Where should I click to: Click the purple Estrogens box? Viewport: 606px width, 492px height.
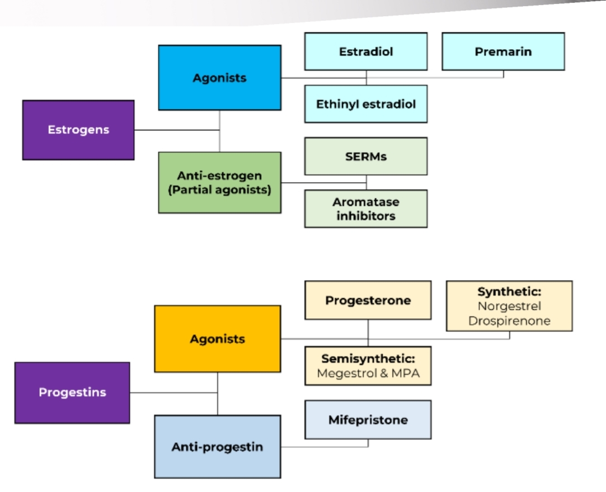tap(78, 130)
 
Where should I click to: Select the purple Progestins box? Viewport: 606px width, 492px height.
tap(72, 392)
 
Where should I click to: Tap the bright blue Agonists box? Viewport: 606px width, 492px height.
tap(219, 78)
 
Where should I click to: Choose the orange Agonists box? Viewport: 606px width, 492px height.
tap(218, 339)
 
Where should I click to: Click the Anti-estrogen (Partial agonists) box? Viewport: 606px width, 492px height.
tap(219, 182)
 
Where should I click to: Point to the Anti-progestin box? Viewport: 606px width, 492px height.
tap(218, 447)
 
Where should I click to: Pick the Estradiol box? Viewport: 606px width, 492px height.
tap(366, 51)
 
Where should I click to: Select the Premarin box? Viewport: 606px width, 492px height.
tap(503, 51)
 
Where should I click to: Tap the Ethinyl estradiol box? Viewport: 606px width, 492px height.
tap(366, 104)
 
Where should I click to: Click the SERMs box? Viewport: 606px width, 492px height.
tap(366, 157)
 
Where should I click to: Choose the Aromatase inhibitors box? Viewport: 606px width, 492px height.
tap(366, 209)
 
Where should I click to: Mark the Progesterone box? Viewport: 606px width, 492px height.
tap(368, 300)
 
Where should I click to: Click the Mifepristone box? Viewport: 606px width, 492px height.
tap(368, 420)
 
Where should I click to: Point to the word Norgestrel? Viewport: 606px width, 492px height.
tap(509, 306)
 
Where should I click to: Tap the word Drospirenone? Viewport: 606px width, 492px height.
tap(509, 321)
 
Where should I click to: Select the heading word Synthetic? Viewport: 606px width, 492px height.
tap(509, 292)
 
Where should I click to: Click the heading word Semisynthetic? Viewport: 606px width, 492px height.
tap(368, 359)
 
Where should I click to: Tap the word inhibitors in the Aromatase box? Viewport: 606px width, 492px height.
tap(366, 216)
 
